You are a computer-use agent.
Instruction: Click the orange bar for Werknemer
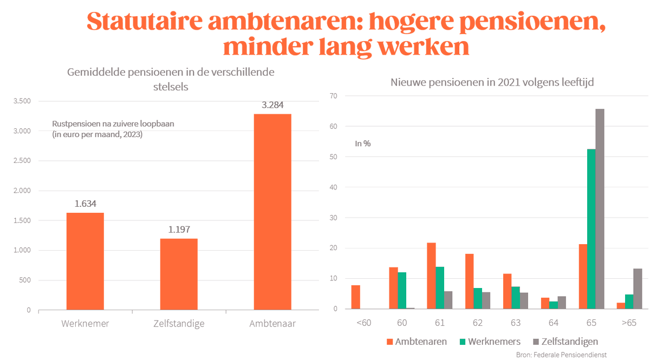click(85, 261)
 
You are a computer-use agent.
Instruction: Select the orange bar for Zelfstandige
click(179, 274)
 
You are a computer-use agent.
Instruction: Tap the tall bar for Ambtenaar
click(272, 212)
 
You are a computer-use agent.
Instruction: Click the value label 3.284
click(272, 105)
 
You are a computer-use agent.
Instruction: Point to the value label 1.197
click(179, 230)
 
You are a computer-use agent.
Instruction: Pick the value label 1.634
click(85, 204)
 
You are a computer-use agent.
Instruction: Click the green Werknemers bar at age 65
click(591, 229)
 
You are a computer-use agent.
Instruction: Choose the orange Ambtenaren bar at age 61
click(431, 276)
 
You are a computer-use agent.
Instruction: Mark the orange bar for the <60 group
click(355, 297)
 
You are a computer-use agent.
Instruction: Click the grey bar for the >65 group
click(638, 289)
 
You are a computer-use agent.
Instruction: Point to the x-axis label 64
click(553, 323)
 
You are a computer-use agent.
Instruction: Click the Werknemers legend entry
click(489, 342)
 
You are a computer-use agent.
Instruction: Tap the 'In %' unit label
click(363, 143)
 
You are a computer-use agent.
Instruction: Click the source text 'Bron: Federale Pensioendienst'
click(561, 355)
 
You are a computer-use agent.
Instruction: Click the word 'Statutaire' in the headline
click(142, 22)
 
